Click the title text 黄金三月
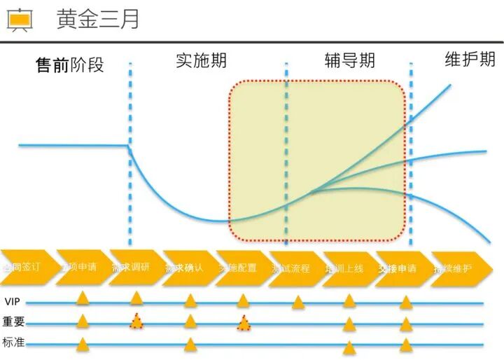coord(97,20)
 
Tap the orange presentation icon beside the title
coord(20,20)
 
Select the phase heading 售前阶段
coord(70,65)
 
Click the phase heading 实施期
coord(201,60)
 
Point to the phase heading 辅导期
coord(350,60)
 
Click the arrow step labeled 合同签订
coord(24,268)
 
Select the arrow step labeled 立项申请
coord(80,268)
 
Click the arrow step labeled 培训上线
coord(346,268)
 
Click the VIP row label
coord(12,302)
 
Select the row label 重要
coord(13,322)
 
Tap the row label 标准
coord(13,343)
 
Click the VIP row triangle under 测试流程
coord(298,302)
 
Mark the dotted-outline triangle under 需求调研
coord(136,321)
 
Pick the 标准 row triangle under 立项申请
coord(83,343)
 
